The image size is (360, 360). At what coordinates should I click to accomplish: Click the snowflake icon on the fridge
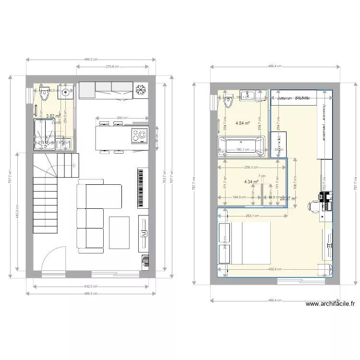[141, 90]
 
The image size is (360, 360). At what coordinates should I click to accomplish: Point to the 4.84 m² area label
[243, 123]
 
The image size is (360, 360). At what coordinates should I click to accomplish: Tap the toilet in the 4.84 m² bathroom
[228, 102]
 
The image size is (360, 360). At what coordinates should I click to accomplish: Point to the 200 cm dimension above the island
[122, 118]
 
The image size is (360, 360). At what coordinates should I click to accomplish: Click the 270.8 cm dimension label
[115, 67]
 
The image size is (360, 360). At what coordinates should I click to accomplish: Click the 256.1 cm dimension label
[249, 168]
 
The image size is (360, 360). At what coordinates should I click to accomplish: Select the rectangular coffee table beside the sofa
[119, 233]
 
